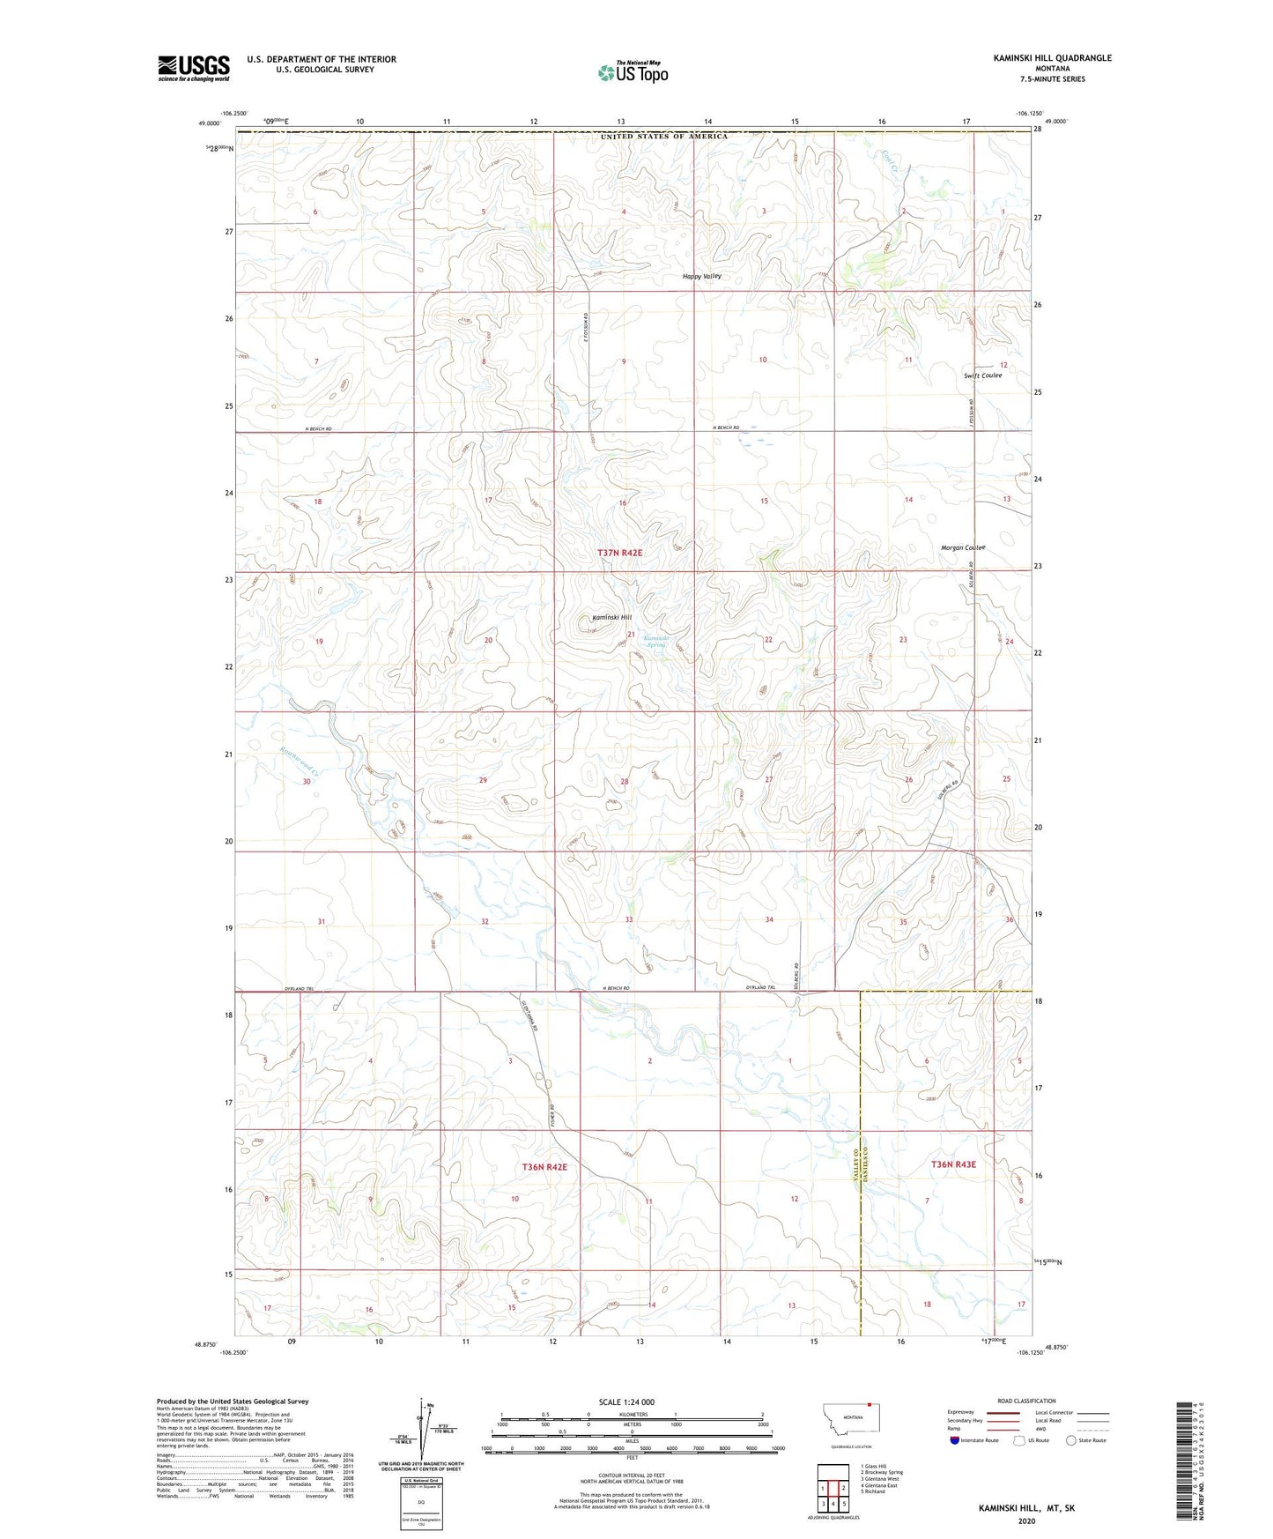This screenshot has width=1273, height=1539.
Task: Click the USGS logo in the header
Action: click(194, 68)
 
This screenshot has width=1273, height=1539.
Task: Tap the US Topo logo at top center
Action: click(633, 72)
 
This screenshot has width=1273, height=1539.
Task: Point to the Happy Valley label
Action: click(702, 276)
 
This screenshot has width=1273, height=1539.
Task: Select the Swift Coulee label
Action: click(982, 375)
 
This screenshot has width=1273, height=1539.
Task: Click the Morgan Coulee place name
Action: click(962, 547)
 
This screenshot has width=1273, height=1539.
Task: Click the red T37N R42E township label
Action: click(620, 553)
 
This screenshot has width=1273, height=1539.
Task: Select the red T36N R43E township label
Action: click(953, 1164)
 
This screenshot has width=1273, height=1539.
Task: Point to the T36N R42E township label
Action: click(544, 1167)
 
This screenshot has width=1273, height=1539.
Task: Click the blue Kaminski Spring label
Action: click(655, 642)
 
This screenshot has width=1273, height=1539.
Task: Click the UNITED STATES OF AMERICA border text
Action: click(664, 137)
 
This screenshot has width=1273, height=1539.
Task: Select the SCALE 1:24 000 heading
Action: click(626, 1401)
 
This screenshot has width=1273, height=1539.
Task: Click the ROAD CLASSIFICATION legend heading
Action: click(1026, 1401)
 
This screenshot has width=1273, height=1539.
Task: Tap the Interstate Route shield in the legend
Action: click(954, 1440)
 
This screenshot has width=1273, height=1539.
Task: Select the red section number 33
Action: click(628, 919)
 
